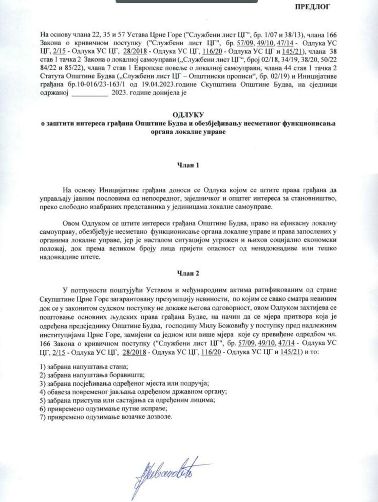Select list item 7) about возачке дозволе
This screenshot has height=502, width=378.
[106, 417]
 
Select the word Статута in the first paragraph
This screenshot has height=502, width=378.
[51, 77]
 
